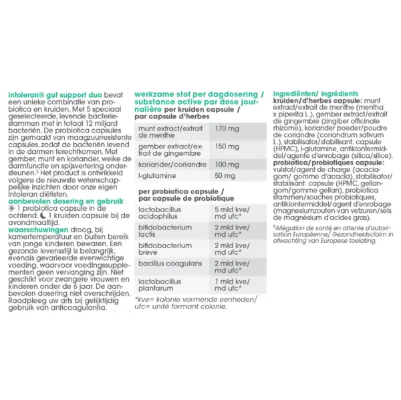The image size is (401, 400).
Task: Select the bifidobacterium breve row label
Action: pos(160,249)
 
